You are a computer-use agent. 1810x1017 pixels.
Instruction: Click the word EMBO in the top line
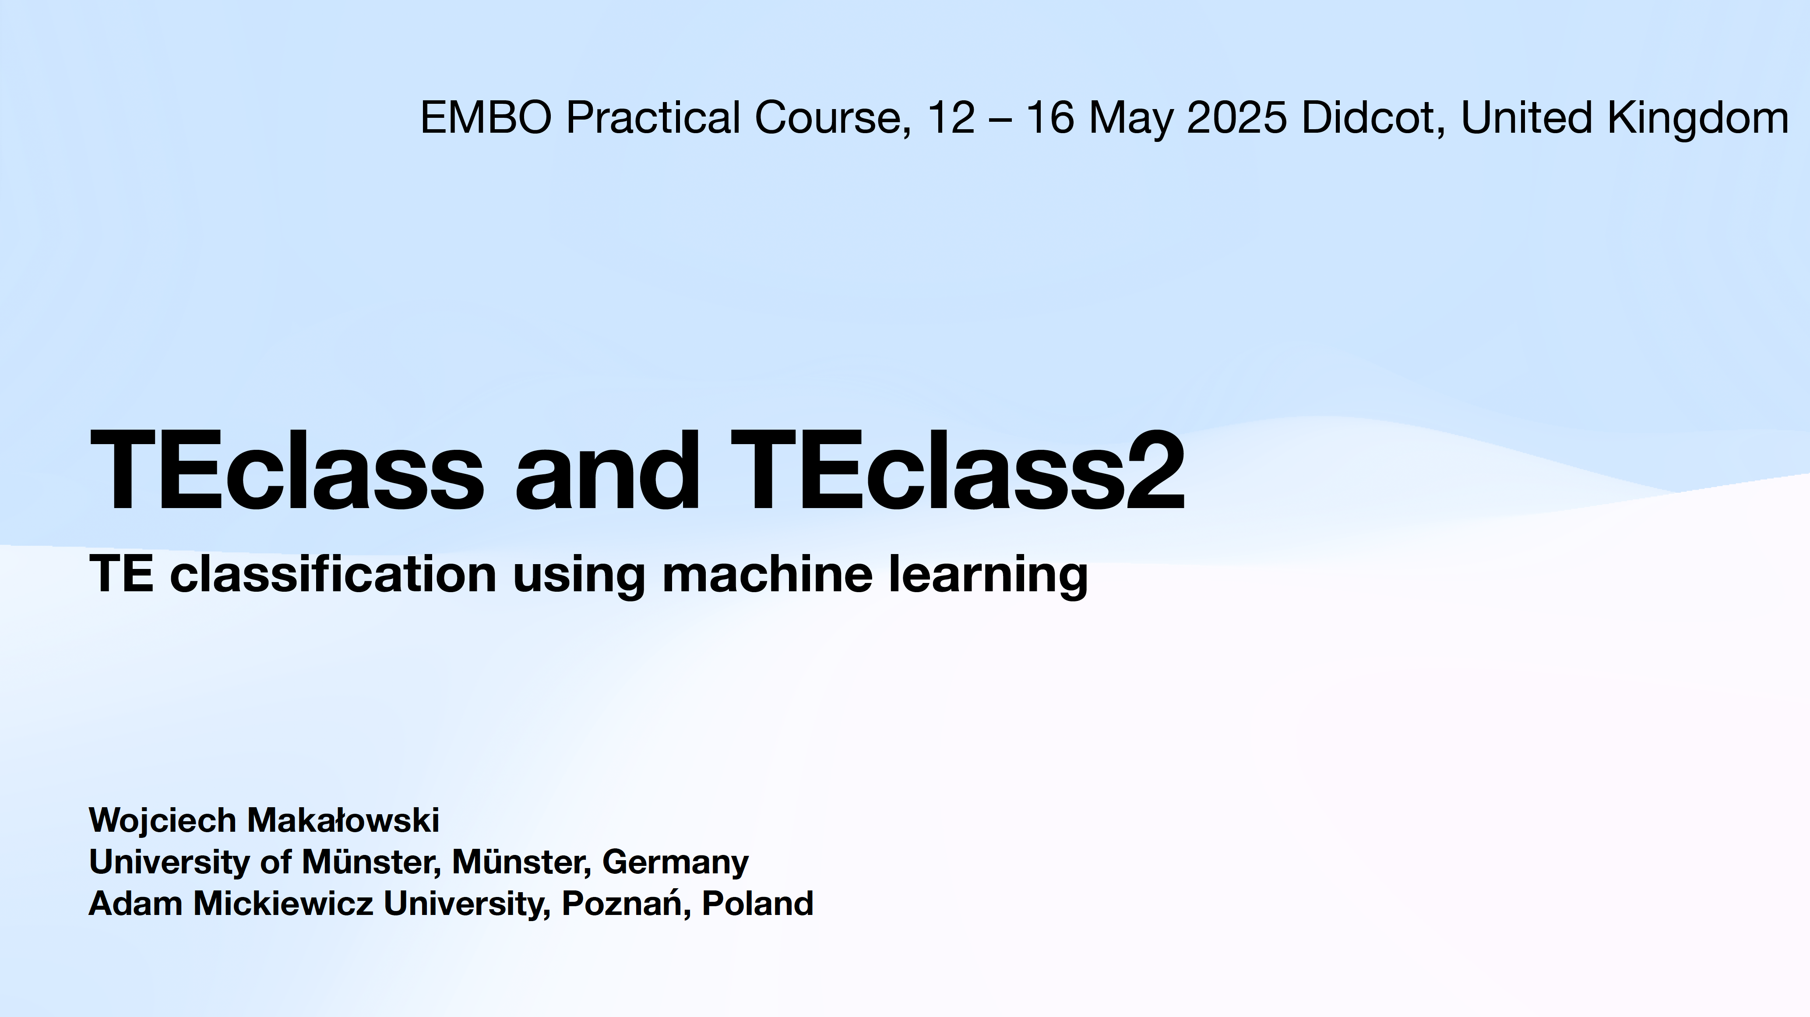(486, 117)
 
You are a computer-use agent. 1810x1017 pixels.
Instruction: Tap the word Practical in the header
(653, 117)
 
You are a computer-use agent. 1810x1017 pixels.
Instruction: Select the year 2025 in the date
(1236, 117)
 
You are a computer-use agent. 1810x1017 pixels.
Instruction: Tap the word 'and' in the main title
(607, 470)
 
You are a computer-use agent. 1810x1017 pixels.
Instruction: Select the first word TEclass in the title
(287, 470)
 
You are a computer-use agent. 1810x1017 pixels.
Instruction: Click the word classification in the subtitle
(333, 573)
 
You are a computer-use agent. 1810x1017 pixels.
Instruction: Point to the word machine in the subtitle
(767, 573)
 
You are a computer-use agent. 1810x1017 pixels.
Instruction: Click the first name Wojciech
(162, 821)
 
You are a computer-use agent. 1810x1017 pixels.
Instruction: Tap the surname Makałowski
(343, 820)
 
